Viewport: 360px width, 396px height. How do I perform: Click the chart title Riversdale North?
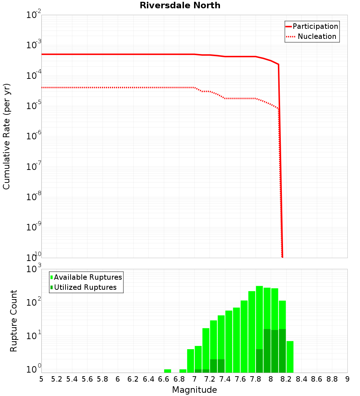pos(180,5)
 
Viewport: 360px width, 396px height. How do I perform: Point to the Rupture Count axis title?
pos(14,321)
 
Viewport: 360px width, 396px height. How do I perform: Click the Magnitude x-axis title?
pos(194,390)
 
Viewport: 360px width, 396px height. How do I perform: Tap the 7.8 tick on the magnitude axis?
pos(256,379)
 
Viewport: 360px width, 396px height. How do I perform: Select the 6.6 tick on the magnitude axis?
pos(164,379)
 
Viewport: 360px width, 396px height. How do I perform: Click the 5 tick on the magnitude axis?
pos(41,379)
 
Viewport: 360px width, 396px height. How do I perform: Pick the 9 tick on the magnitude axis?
pos(347,379)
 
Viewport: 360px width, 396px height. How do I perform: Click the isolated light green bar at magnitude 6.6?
pos(167,371)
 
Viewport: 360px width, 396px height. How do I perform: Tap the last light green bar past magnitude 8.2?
pos(290,357)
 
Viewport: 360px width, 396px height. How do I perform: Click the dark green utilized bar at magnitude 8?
pos(274,351)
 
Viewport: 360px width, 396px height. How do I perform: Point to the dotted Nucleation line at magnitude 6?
pos(118,87)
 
